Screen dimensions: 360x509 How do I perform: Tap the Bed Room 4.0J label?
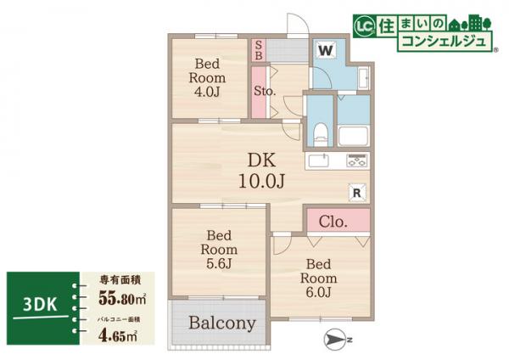[x=206, y=77]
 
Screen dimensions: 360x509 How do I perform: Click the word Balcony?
[x=222, y=323]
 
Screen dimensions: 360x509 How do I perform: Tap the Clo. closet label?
[x=333, y=222]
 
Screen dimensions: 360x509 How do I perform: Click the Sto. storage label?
[x=262, y=91]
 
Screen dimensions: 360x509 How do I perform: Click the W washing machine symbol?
[x=325, y=50]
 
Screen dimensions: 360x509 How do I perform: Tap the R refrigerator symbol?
[x=356, y=193]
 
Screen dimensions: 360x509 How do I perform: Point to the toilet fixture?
[x=319, y=133]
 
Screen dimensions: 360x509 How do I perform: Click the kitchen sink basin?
[x=321, y=160]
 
